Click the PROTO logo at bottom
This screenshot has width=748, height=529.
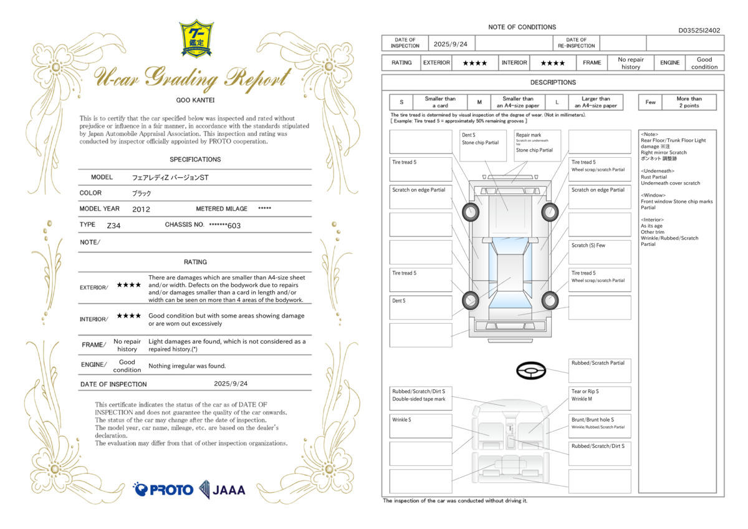(x=163, y=489)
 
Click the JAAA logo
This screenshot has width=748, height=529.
(x=223, y=490)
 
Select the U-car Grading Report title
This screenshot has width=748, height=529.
(x=193, y=77)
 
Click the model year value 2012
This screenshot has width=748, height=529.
(x=141, y=209)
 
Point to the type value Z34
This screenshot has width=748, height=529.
(x=113, y=225)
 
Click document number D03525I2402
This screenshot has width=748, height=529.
(x=699, y=30)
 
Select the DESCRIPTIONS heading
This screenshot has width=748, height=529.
(x=553, y=82)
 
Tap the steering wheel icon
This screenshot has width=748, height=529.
(x=530, y=371)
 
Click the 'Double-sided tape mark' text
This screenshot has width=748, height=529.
(x=419, y=399)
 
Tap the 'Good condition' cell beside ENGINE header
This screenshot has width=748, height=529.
(x=704, y=63)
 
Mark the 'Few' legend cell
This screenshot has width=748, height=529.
(x=651, y=102)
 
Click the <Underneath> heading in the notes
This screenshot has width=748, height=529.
(x=658, y=170)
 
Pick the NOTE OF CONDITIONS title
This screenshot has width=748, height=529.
(x=522, y=27)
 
